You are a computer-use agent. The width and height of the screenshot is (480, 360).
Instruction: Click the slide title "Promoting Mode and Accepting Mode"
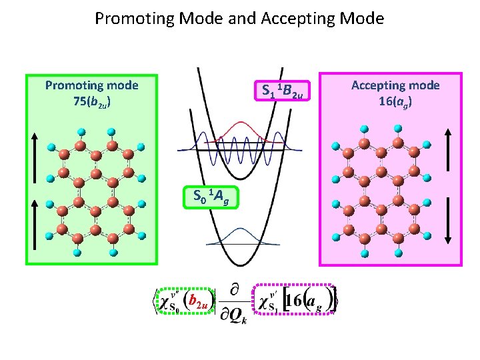[239, 18]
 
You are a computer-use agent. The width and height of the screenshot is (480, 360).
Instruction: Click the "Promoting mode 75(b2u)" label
[91, 94]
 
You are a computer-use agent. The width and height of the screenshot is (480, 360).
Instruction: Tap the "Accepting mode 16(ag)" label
[395, 94]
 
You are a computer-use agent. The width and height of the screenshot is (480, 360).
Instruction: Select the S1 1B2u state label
[282, 91]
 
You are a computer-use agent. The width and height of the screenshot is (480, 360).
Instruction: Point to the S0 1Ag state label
[210, 197]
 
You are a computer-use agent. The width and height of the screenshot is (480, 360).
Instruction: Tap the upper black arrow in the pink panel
[448, 157]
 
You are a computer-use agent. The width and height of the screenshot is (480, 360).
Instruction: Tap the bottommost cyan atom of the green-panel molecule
[80, 253]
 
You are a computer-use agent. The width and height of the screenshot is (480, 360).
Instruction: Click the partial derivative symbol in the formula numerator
[235, 289]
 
